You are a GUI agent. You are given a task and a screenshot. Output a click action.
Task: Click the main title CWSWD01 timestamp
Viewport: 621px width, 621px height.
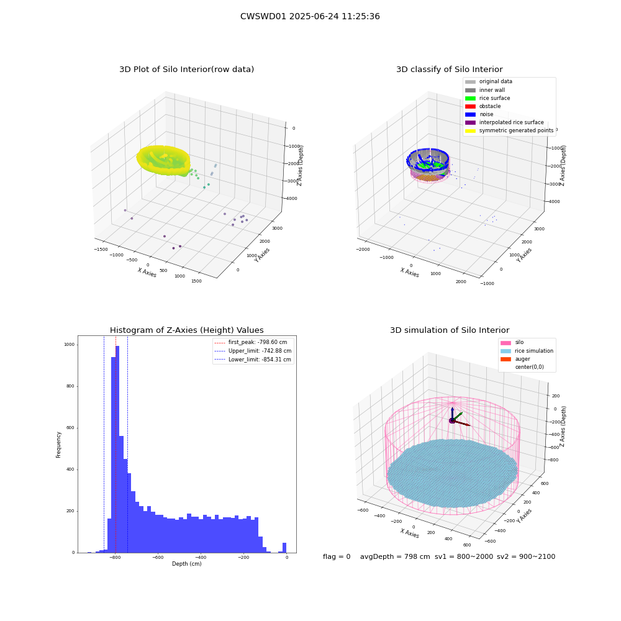(310, 16)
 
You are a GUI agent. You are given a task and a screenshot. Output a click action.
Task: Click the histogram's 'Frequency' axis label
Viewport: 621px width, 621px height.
(58, 445)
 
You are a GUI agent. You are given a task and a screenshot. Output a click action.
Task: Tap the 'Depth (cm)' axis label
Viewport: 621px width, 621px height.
(187, 564)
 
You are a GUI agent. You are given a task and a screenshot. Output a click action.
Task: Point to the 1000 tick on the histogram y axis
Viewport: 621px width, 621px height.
(70, 345)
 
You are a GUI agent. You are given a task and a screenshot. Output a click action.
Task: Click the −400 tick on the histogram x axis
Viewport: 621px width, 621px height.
(201, 557)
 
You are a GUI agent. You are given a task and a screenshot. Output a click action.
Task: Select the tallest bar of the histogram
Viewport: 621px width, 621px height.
(117, 449)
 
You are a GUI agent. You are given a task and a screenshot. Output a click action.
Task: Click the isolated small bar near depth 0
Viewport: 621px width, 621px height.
(284, 548)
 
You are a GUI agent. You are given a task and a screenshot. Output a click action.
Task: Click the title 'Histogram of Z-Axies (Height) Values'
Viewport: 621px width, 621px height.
(186, 330)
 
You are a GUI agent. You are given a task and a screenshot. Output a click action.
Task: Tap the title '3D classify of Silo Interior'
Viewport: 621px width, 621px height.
(450, 70)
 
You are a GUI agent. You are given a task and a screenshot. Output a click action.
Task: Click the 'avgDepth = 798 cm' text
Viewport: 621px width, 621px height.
(395, 556)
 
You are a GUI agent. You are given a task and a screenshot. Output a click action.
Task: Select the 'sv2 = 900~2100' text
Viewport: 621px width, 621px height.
(526, 556)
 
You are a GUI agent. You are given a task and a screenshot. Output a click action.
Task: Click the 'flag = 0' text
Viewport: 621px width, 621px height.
(337, 556)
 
